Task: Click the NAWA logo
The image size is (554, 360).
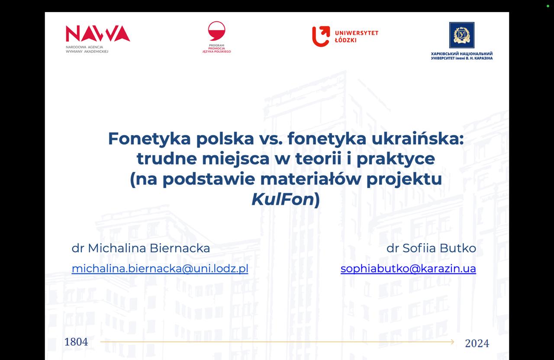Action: pos(98,34)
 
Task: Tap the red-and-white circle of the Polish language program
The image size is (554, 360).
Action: pos(216,31)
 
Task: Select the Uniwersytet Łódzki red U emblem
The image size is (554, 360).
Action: pos(321,36)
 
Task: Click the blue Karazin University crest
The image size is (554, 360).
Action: pos(461,35)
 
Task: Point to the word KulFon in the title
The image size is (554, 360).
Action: pos(283,199)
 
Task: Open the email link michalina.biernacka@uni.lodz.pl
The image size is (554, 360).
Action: pos(160,268)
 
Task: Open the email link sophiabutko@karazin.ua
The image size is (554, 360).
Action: pos(408,268)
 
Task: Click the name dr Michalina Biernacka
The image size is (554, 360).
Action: pos(141,248)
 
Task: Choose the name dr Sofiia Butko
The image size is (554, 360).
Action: pos(431,248)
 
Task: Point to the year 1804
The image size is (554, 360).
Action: pos(76,342)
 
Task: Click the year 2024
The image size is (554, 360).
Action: pos(477,343)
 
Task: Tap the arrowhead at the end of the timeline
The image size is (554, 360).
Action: pos(452,342)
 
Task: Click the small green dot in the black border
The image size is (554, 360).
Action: pos(548,6)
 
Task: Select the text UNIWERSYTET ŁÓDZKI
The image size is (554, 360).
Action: pos(357,36)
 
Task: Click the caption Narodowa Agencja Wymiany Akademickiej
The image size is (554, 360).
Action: pos(87,49)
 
